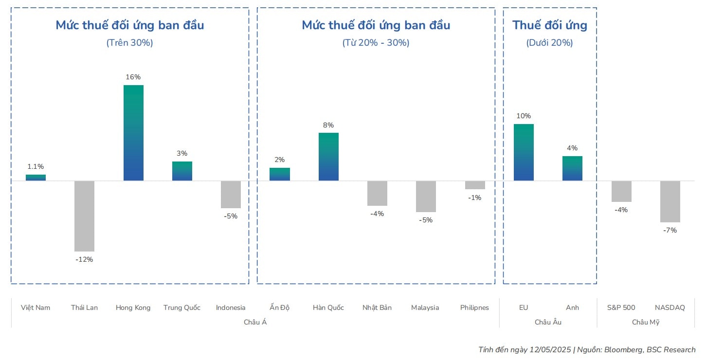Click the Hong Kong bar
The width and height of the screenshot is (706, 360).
click(133, 133)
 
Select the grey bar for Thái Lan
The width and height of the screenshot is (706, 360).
click(84, 216)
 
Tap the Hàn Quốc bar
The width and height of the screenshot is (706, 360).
click(328, 157)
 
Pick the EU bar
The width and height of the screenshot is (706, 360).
click(524, 152)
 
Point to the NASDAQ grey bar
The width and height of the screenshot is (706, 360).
click(670, 201)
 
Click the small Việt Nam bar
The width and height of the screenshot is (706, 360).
click(36, 178)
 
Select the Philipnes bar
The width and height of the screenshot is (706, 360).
click(475, 185)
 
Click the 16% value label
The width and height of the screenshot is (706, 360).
click(133, 77)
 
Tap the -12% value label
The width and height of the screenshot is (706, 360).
click(84, 259)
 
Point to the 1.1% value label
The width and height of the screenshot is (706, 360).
click(36, 166)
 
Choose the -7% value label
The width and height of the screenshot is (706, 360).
click(670, 230)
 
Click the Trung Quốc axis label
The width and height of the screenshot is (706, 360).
click(182, 307)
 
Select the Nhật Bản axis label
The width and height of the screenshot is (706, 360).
click(377, 307)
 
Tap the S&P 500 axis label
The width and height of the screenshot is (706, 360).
click(621, 307)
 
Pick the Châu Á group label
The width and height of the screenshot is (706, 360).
click(255, 322)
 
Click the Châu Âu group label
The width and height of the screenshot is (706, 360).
click(548, 322)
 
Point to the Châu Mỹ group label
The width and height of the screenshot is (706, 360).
click(645, 322)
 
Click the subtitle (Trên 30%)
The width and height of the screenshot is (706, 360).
click(129, 43)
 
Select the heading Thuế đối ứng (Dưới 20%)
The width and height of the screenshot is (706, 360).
click(550, 25)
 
